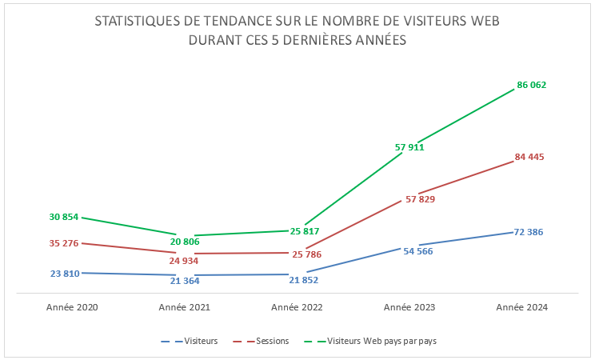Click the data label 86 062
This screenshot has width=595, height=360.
(x=532, y=85)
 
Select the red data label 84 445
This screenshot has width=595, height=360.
(x=529, y=157)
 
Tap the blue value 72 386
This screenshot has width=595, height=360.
(x=529, y=232)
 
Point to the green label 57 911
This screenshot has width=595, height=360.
(x=409, y=147)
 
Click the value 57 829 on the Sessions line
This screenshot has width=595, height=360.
(x=421, y=199)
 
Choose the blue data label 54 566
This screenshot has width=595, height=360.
(x=419, y=250)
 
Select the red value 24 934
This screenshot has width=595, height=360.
(x=184, y=260)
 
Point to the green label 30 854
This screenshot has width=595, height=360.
(x=64, y=217)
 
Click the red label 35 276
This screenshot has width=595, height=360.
(x=64, y=243)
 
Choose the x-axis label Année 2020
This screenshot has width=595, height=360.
(x=72, y=307)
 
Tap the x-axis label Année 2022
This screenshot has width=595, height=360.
(x=297, y=307)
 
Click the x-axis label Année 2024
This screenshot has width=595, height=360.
(x=522, y=307)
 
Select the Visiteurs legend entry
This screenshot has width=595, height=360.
(x=201, y=341)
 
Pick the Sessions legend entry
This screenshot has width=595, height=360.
(x=273, y=341)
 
